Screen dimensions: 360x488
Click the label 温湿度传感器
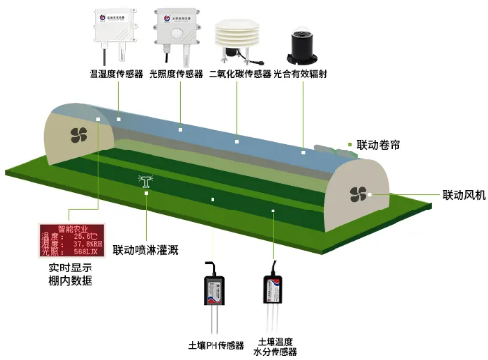click(116, 73)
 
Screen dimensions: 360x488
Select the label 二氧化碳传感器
click(240, 73)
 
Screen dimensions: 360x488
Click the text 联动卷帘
click(380, 144)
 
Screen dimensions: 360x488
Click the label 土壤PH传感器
click(214, 345)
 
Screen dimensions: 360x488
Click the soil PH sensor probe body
click(215, 290)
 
